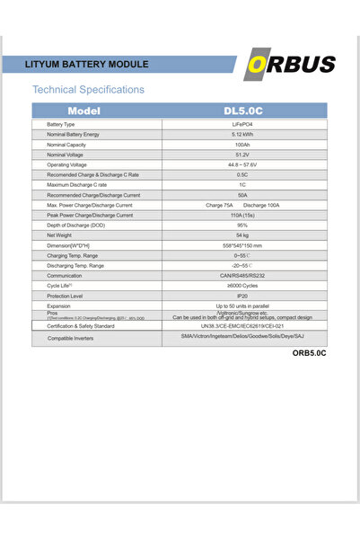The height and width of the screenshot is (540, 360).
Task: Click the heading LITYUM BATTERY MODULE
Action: click(88, 65)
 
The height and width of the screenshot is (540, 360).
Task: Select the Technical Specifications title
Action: click(88, 90)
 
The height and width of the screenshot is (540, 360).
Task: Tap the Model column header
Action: click(88, 110)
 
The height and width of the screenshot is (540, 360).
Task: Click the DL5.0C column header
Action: click(242, 110)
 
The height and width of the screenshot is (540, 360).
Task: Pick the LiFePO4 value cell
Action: click(242, 124)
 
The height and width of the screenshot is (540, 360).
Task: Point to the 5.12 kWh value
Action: click(242, 134)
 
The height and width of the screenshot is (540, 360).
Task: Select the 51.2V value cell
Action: click(242, 155)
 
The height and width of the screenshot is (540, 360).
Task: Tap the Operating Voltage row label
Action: click(68, 165)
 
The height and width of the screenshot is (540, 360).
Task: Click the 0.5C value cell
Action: click(242, 175)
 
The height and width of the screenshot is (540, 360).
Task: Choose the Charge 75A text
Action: click(219, 206)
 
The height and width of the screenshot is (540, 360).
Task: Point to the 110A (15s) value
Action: click(242, 216)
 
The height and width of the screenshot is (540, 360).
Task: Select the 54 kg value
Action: click(242, 235)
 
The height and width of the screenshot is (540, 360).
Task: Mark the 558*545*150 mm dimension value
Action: click(242, 245)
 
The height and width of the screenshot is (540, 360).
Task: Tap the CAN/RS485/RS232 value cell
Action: click(242, 276)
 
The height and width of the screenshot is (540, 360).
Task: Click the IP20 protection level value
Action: click(242, 296)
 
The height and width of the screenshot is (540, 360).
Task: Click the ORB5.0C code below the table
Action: click(309, 354)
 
